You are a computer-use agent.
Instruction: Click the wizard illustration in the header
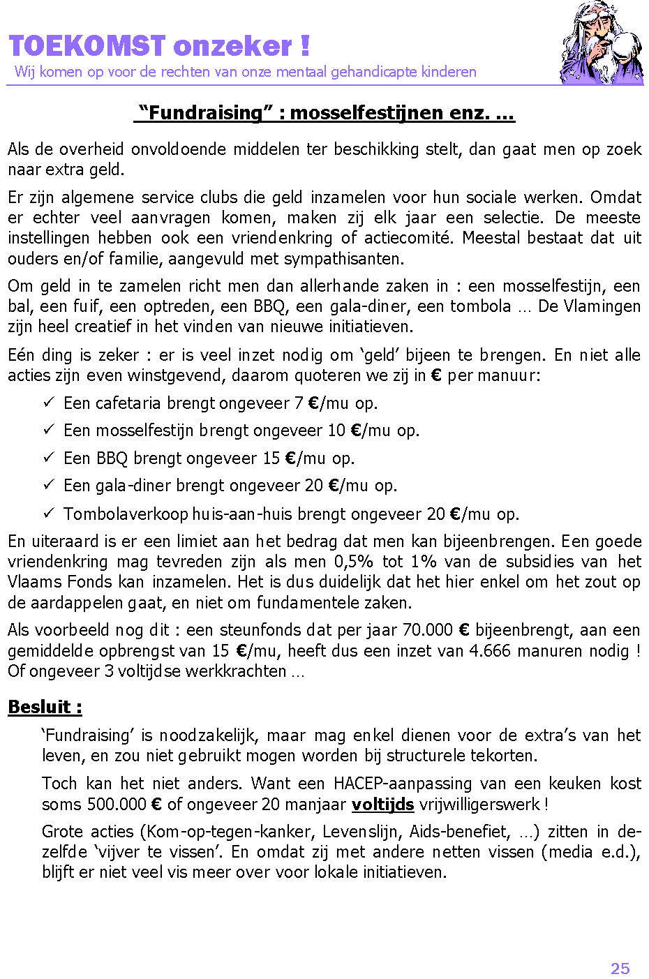click(602, 43)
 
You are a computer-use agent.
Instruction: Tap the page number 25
click(620, 969)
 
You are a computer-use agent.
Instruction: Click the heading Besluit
click(45, 707)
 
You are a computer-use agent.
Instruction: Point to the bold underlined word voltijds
click(382, 804)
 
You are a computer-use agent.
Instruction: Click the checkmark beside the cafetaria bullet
click(49, 403)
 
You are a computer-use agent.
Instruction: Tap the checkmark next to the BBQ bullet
click(49, 458)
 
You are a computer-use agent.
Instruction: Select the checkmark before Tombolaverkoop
click(49, 514)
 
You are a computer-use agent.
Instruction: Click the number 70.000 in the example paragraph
click(427, 630)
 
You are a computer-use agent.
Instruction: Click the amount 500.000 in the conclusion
click(117, 804)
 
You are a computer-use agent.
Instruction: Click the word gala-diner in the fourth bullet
click(133, 486)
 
